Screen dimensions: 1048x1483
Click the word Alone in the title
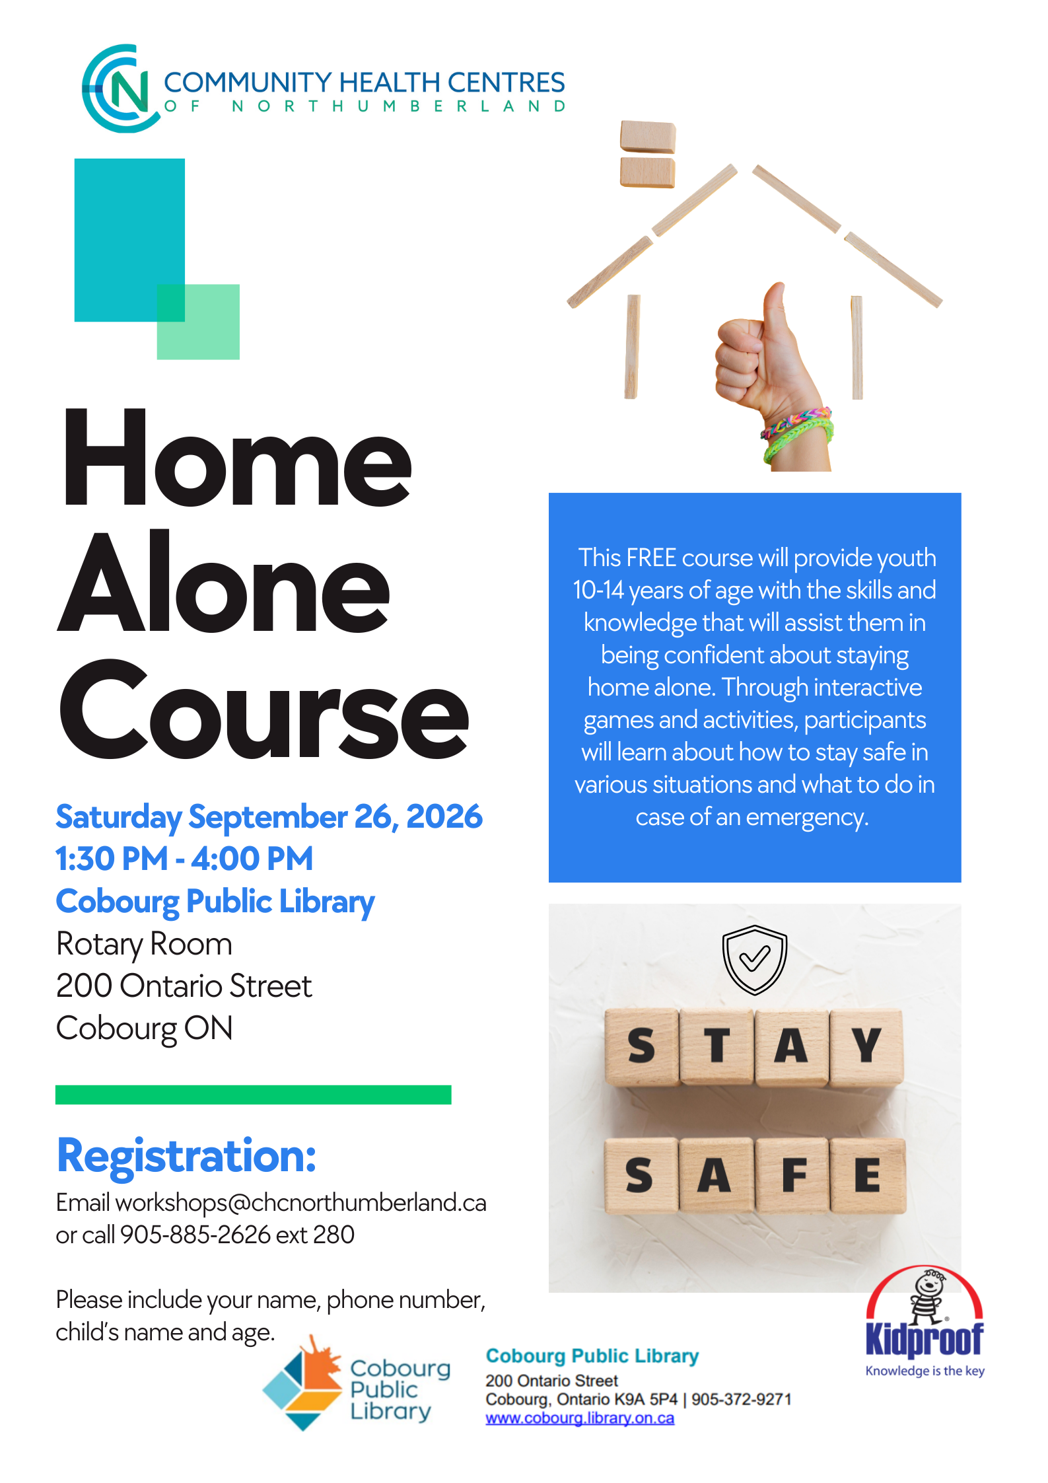(224, 581)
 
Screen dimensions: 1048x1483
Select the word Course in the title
(264, 708)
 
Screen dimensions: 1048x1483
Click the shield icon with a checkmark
(755, 959)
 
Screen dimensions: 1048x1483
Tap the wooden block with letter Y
(866, 1046)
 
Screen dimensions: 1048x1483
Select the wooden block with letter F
(792, 1175)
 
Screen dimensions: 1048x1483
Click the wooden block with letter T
(717, 1046)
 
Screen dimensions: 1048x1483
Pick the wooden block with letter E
(867, 1175)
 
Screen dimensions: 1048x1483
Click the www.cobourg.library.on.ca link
(580, 1418)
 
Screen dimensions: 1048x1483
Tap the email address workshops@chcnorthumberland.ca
(300, 1203)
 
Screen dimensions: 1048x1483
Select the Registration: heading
(187, 1156)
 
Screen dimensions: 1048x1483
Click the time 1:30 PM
(112, 859)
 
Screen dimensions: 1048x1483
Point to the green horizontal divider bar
(254, 1095)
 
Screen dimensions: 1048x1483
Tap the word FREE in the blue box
(650, 558)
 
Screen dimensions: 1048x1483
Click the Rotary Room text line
(144, 944)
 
